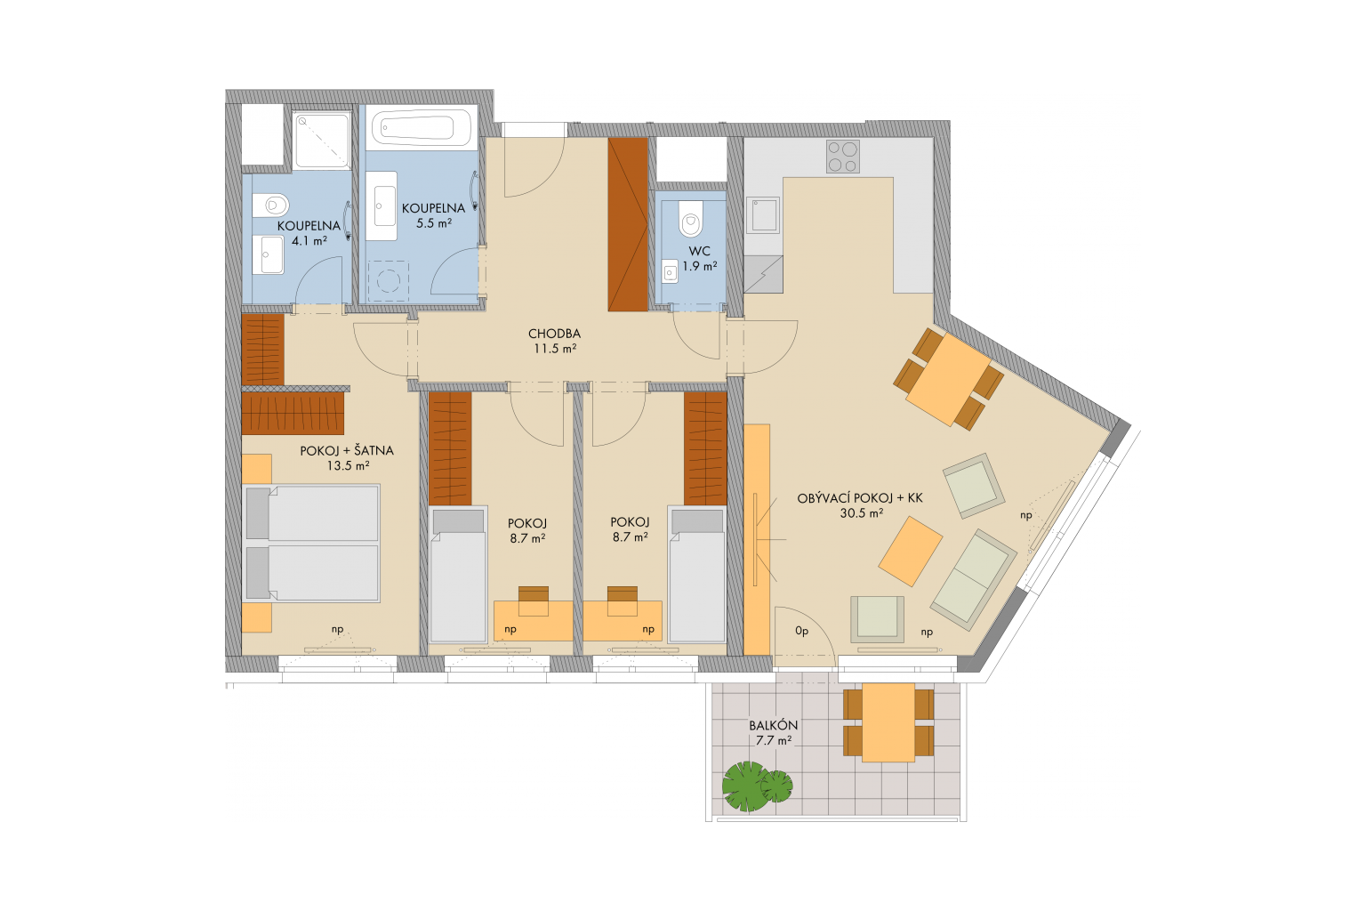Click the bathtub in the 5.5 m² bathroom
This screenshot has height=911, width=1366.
pyautogui.click(x=422, y=128)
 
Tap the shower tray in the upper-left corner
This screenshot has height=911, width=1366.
pyautogui.click(x=321, y=140)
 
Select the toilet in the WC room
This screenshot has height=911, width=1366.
pyautogui.click(x=691, y=219)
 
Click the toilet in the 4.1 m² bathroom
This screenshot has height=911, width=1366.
pyautogui.click(x=270, y=206)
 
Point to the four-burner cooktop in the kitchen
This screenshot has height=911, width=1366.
pyautogui.click(x=843, y=157)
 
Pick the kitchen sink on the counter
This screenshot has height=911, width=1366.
pyautogui.click(x=763, y=214)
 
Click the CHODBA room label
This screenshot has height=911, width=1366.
pyautogui.click(x=554, y=334)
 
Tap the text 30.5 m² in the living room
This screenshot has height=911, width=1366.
pyautogui.click(x=861, y=514)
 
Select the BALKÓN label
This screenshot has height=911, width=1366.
pyautogui.click(x=773, y=725)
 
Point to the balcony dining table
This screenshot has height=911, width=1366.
pyautogui.click(x=888, y=722)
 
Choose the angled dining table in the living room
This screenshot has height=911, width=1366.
pyautogui.click(x=948, y=379)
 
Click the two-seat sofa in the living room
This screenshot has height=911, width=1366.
pyautogui.click(x=973, y=580)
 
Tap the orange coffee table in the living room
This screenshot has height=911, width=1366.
pyautogui.click(x=911, y=551)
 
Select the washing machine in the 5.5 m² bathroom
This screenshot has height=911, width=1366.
pyautogui.click(x=389, y=280)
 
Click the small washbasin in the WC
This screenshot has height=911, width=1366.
pyautogui.click(x=670, y=271)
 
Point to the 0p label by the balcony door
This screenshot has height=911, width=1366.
pyautogui.click(x=801, y=631)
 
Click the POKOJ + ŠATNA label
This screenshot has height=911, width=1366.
pyautogui.click(x=346, y=451)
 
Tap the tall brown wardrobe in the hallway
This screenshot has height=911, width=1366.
pyautogui.click(x=628, y=224)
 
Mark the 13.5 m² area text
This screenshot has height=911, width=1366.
pyautogui.click(x=348, y=466)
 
